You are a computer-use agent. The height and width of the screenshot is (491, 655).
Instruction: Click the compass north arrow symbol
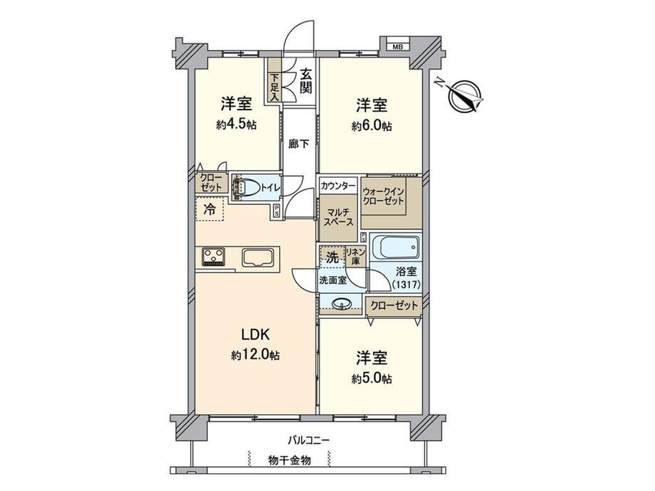(x=463, y=95)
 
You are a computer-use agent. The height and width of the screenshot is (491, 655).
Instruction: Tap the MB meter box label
(x=397, y=47)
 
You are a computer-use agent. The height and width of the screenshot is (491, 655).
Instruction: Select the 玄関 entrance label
(x=306, y=81)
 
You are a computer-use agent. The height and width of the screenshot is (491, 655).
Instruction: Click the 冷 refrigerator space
(x=210, y=208)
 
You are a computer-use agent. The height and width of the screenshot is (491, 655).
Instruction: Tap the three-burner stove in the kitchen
(x=214, y=257)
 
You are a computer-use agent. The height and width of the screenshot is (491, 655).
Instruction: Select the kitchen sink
(x=258, y=257)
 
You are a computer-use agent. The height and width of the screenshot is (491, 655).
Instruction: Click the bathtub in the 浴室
(x=396, y=248)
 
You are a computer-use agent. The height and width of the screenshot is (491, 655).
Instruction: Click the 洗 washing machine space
(x=332, y=257)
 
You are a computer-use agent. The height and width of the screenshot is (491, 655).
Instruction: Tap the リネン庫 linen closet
(x=355, y=257)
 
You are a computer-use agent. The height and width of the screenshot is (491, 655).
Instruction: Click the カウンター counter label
(x=338, y=186)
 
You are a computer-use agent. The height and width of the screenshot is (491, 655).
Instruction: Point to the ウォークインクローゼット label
(x=383, y=196)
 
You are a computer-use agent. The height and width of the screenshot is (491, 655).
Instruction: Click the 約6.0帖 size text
(x=372, y=126)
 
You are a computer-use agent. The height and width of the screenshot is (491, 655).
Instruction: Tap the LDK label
(x=255, y=334)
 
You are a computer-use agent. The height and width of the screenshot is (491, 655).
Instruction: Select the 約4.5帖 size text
(x=236, y=125)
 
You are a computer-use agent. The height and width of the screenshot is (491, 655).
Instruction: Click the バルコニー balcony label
(x=309, y=440)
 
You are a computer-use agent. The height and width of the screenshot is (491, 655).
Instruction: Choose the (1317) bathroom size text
(x=406, y=285)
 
